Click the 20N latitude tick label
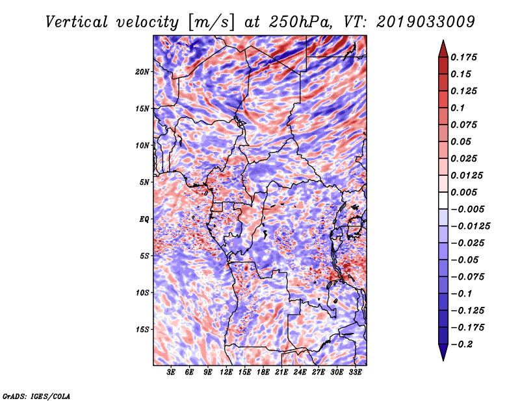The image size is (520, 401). pyautogui.click(x=142, y=72)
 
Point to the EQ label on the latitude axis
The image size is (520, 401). pyautogui.click(x=144, y=219)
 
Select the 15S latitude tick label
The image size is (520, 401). pyautogui.click(x=142, y=330)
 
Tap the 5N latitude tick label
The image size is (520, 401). pyautogui.click(x=144, y=182)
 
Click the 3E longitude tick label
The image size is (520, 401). pyautogui.click(x=171, y=372)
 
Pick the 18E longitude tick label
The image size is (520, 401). pyautogui.click(x=263, y=372)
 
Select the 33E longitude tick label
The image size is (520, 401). pyautogui.click(x=355, y=372)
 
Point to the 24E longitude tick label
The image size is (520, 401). pyautogui.click(x=300, y=372)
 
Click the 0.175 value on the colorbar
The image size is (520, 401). pyautogui.click(x=463, y=57)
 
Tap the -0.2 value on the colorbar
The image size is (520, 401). pyautogui.click(x=461, y=345)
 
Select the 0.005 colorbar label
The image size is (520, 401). pyautogui.click(x=463, y=192)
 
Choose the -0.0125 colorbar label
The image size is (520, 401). pyautogui.click(x=470, y=226)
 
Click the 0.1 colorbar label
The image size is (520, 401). pyautogui.click(x=458, y=108)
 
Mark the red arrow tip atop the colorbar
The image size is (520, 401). pyautogui.click(x=443, y=41)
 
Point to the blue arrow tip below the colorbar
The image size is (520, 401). pyautogui.click(x=443, y=359)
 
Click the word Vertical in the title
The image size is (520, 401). pyautogui.click(x=77, y=22)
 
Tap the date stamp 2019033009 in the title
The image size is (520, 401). pyautogui.click(x=426, y=22)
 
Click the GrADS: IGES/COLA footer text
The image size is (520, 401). pyautogui.click(x=36, y=396)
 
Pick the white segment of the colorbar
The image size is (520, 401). pyautogui.click(x=443, y=200)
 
